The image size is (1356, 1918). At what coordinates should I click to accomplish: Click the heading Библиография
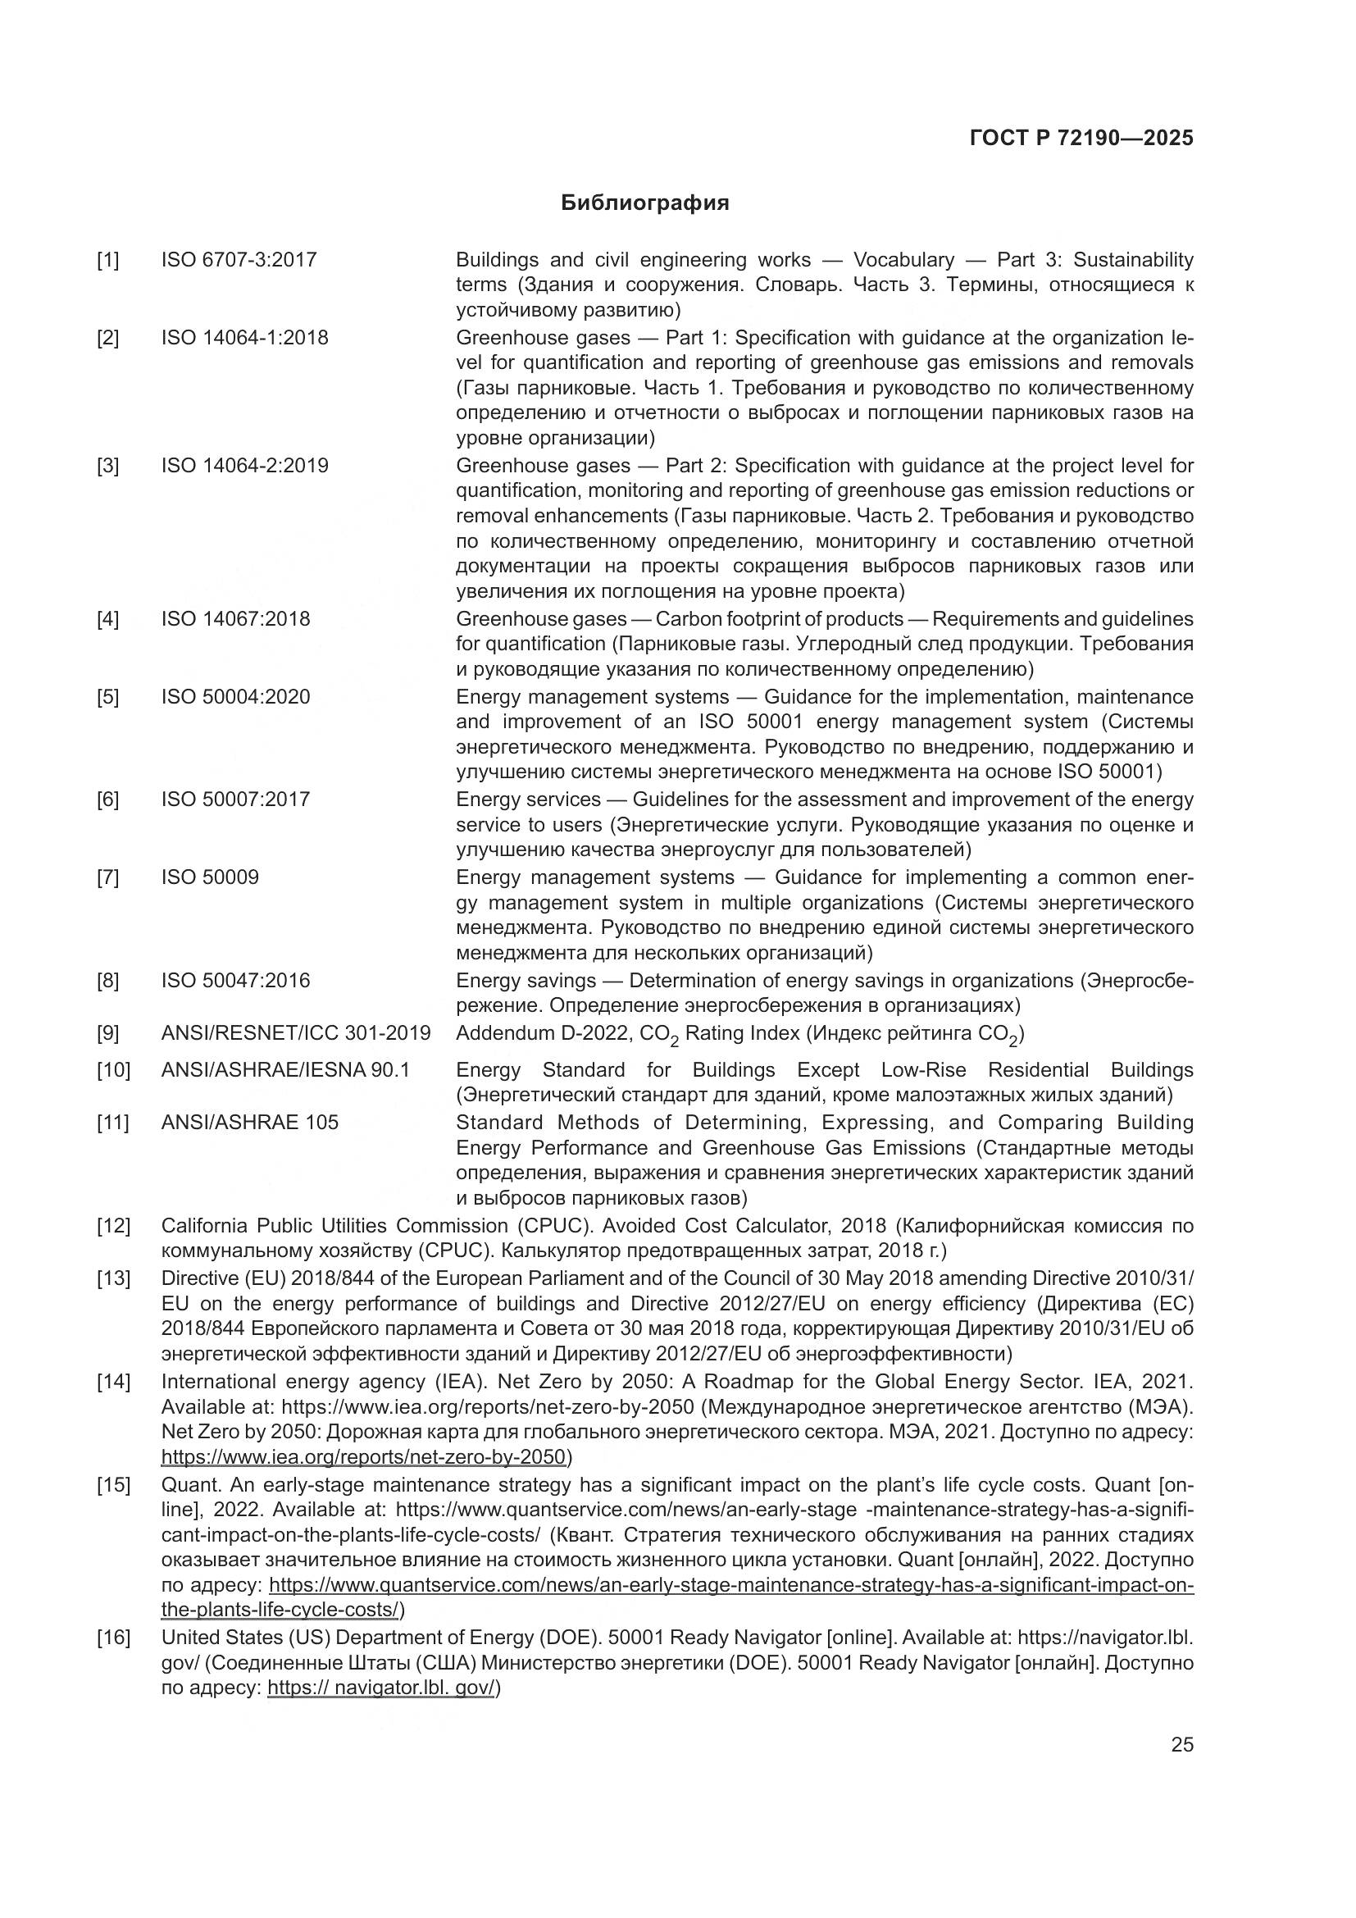pos(644,203)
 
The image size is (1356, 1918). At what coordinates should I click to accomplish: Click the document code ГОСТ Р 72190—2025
pos(1081,139)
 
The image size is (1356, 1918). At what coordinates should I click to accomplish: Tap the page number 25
pos(1181,1744)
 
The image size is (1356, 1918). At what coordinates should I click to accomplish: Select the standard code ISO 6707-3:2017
pos(239,260)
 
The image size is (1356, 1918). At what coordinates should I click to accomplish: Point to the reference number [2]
pos(107,339)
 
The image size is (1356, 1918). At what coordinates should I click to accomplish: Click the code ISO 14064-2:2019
pos(244,465)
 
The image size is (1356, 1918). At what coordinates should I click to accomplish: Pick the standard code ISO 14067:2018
pos(235,619)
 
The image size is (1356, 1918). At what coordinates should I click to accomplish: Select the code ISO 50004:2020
pos(235,697)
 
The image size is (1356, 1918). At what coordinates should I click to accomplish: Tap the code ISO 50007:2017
pos(235,800)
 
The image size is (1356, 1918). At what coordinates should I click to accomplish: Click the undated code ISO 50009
pos(210,877)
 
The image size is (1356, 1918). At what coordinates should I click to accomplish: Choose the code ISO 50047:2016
pos(235,980)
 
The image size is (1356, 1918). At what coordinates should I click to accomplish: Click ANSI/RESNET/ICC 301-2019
pos(296,1033)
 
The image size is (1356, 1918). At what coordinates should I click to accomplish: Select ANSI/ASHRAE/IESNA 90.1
pos(285,1070)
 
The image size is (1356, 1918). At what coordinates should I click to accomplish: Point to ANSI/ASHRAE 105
pos(250,1123)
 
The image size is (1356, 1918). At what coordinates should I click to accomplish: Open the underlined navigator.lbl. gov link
pos(381,1688)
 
